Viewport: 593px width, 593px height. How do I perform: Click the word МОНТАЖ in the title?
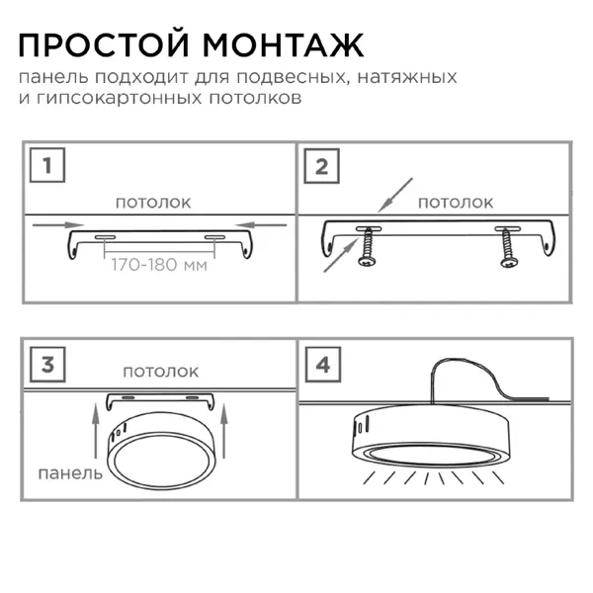pyautogui.click(x=284, y=45)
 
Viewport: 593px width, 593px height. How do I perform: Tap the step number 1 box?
pyautogui.click(x=47, y=165)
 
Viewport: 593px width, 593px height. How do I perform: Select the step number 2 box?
pyautogui.click(x=321, y=166)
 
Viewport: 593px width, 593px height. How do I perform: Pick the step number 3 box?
pyautogui.click(x=47, y=365)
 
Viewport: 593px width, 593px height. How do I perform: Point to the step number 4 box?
pyautogui.click(x=323, y=365)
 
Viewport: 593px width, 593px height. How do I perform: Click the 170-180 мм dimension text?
pyautogui.click(x=159, y=265)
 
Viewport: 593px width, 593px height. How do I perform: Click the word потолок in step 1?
pyautogui.click(x=153, y=203)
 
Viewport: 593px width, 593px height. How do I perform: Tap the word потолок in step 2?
pyautogui.click(x=456, y=203)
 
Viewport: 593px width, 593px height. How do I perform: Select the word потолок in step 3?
pyautogui.click(x=161, y=372)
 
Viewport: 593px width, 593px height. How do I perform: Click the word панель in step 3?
pyautogui.click(x=70, y=473)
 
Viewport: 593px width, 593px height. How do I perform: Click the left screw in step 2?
pyautogui.click(x=368, y=249)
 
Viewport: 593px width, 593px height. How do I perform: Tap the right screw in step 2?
pyautogui.click(x=507, y=249)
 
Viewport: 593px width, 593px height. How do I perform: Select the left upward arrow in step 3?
pyautogui.click(x=96, y=431)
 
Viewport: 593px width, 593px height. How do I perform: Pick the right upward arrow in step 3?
pyautogui.click(x=224, y=431)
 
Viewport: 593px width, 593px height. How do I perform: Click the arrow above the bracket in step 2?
pyautogui.click(x=395, y=195)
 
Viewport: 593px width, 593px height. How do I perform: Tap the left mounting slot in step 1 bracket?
pyautogui.click(x=105, y=237)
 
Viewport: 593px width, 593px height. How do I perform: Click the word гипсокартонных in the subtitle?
pyautogui.click(x=120, y=98)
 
